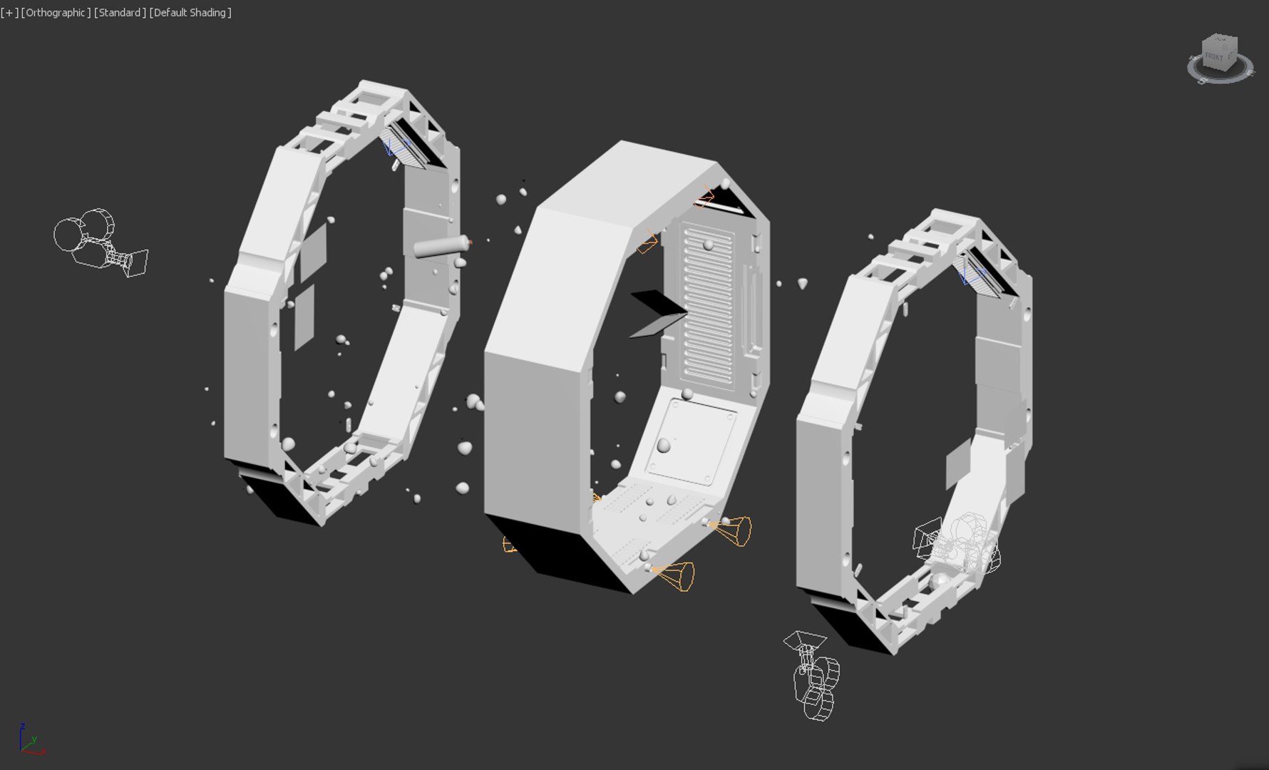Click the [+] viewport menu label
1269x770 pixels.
tap(9, 13)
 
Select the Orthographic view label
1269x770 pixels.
tap(56, 13)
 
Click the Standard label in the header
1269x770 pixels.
tap(120, 13)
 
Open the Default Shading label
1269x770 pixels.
tap(190, 13)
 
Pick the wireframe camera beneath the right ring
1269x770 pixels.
tap(813, 674)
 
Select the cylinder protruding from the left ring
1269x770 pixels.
tap(441, 246)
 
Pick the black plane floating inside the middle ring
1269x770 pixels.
tap(658, 303)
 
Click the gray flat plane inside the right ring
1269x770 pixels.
tap(958, 463)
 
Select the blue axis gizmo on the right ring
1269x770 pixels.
tap(967, 275)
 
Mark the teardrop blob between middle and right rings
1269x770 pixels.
tap(803, 284)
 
